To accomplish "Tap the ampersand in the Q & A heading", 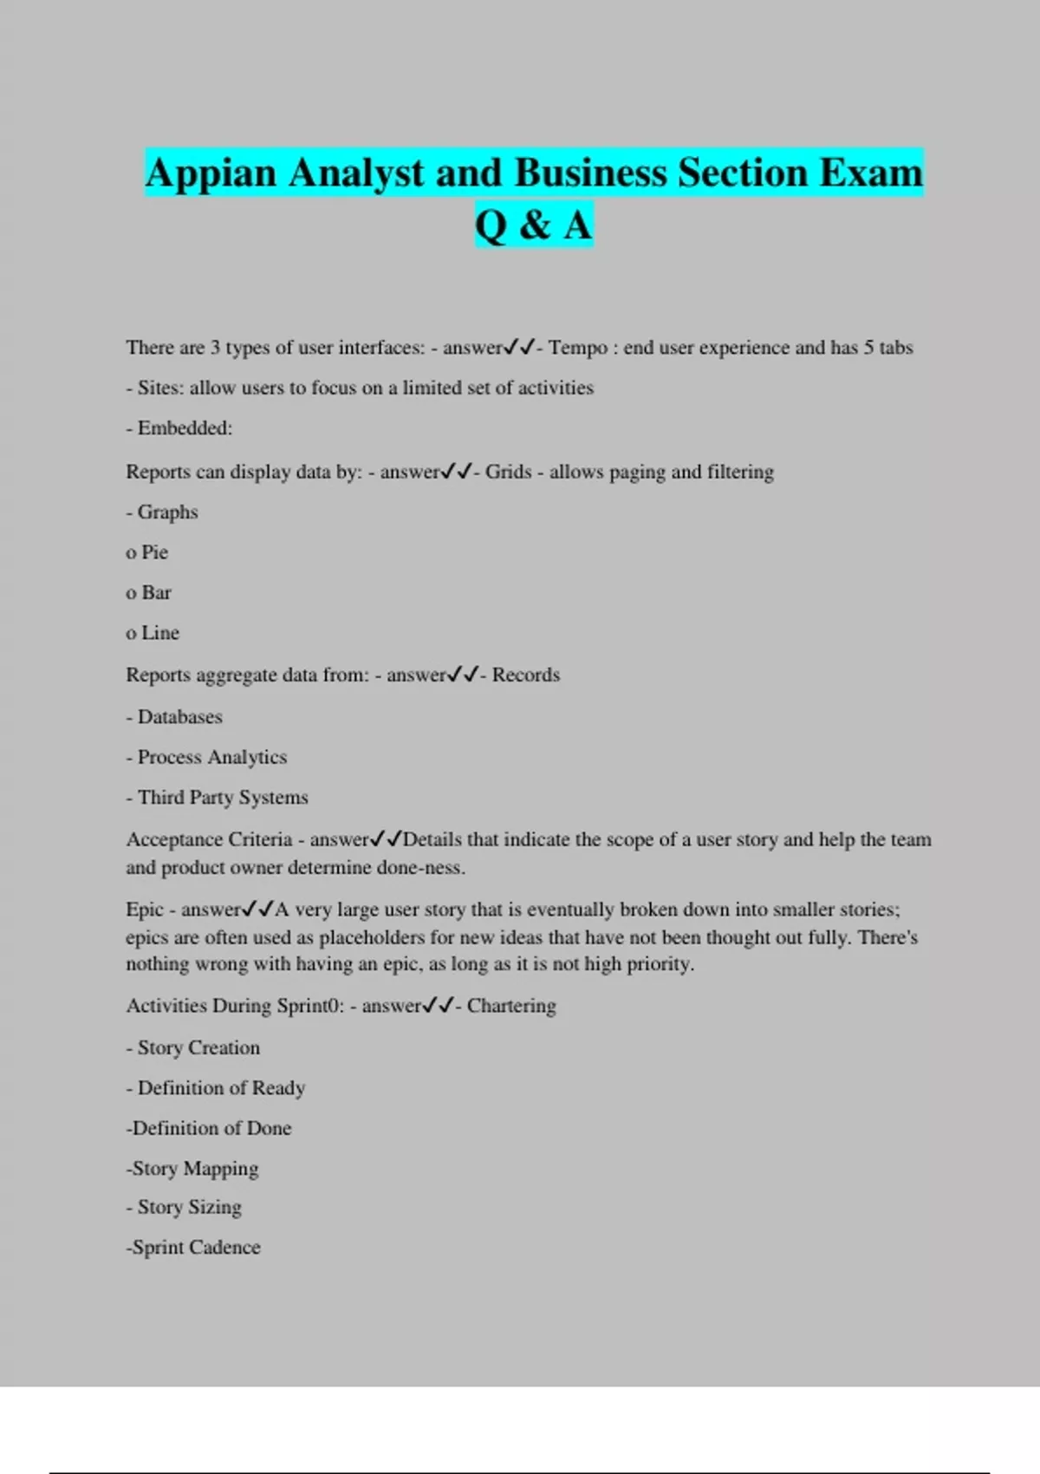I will click(x=535, y=225).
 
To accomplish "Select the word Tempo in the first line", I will click(x=578, y=348).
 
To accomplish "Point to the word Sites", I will click(x=159, y=388).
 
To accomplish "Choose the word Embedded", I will click(x=184, y=428).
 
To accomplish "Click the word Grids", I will click(x=508, y=472).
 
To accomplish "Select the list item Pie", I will click(x=154, y=552).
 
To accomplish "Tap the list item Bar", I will click(x=156, y=593).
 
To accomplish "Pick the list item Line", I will click(x=160, y=633).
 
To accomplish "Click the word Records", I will click(x=526, y=675).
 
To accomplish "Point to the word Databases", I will click(x=180, y=717).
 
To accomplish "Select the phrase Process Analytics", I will click(x=212, y=757).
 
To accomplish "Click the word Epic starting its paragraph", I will click(x=145, y=910).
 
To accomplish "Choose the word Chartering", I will click(x=511, y=1006).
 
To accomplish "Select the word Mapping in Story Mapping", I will click(x=221, y=1169).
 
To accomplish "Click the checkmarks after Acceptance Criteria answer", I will click(x=386, y=839).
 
